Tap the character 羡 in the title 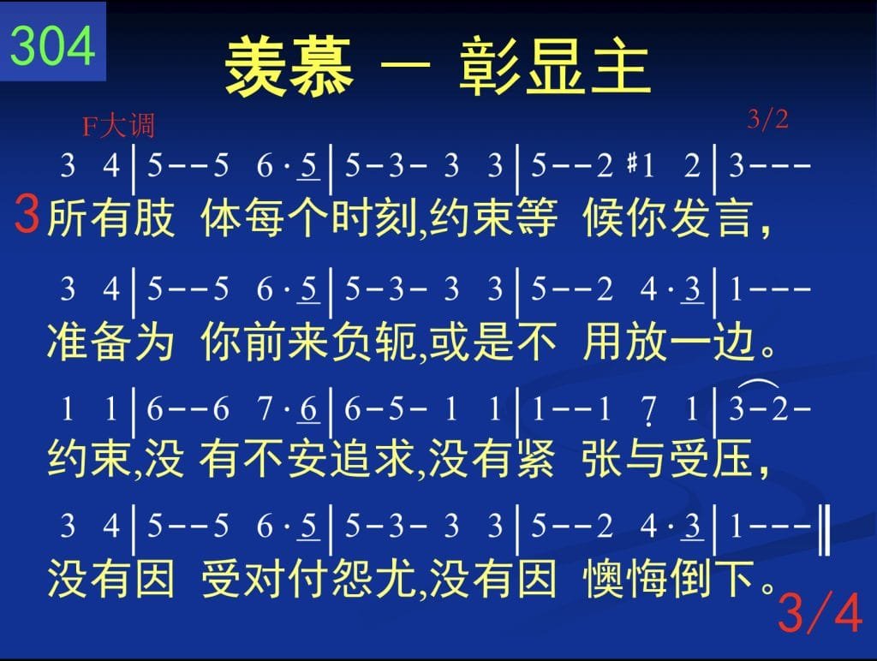[257, 67]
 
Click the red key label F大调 [118, 125]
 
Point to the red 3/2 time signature [768, 119]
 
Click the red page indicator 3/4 [820, 613]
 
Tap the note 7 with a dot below [649, 411]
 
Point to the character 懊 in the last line [603, 578]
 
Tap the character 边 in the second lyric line [733, 341]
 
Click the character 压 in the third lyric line [733, 459]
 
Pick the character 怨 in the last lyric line [351, 578]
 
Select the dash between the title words [405, 66]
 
